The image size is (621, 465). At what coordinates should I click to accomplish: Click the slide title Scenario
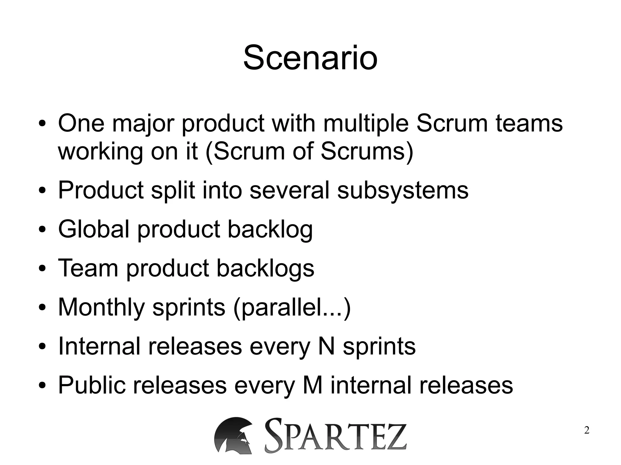[310, 58]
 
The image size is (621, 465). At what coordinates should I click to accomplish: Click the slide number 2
[587, 430]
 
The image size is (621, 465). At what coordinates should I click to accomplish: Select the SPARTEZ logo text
[335, 436]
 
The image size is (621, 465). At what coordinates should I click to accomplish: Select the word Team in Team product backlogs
[88, 268]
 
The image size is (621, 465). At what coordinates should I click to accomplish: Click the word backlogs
[265, 268]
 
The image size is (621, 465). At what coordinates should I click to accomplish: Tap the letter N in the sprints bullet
[327, 346]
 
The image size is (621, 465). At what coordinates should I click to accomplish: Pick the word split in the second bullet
[173, 190]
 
